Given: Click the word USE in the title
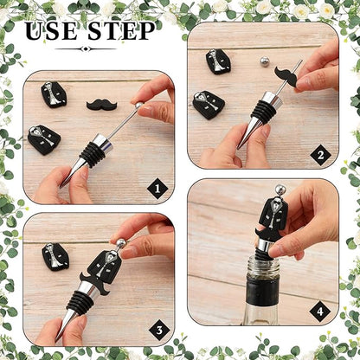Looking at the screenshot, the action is [51, 31].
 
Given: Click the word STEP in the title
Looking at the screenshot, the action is [121, 31].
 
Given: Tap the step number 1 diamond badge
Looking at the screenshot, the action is [157, 189].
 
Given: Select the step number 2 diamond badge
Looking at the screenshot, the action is [320, 156].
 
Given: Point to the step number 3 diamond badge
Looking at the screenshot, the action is [159, 330].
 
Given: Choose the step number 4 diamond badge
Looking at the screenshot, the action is [320, 312].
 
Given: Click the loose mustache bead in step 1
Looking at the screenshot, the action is [101, 105].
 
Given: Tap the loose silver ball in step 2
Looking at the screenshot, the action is [263, 61].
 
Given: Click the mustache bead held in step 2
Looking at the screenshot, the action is [287, 76].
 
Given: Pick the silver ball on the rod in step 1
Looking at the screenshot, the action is [139, 105].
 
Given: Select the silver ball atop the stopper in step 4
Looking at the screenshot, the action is [280, 190].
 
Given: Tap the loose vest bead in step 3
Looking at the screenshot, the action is [55, 257].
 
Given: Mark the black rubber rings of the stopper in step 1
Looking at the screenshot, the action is [93, 154].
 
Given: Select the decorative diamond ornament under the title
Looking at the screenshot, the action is [84, 48].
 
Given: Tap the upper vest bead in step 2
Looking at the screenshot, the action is [218, 61].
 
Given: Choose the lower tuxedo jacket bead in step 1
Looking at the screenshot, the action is [44, 140].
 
